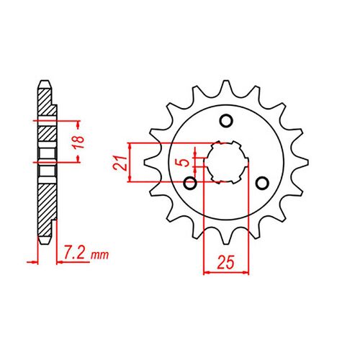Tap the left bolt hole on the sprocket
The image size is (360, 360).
click(190, 182)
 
